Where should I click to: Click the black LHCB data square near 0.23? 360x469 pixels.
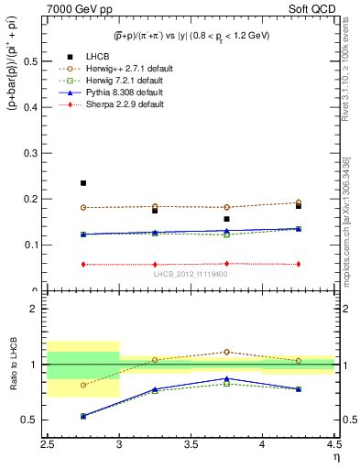pos(83,183)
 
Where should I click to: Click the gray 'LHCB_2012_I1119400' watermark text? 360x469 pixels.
pos(191,274)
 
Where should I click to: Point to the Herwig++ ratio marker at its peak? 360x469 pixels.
pos(226,352)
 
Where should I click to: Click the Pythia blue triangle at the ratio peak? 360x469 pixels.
pos(226,378)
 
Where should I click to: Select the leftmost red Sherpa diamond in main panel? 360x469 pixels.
pos(83,265)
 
